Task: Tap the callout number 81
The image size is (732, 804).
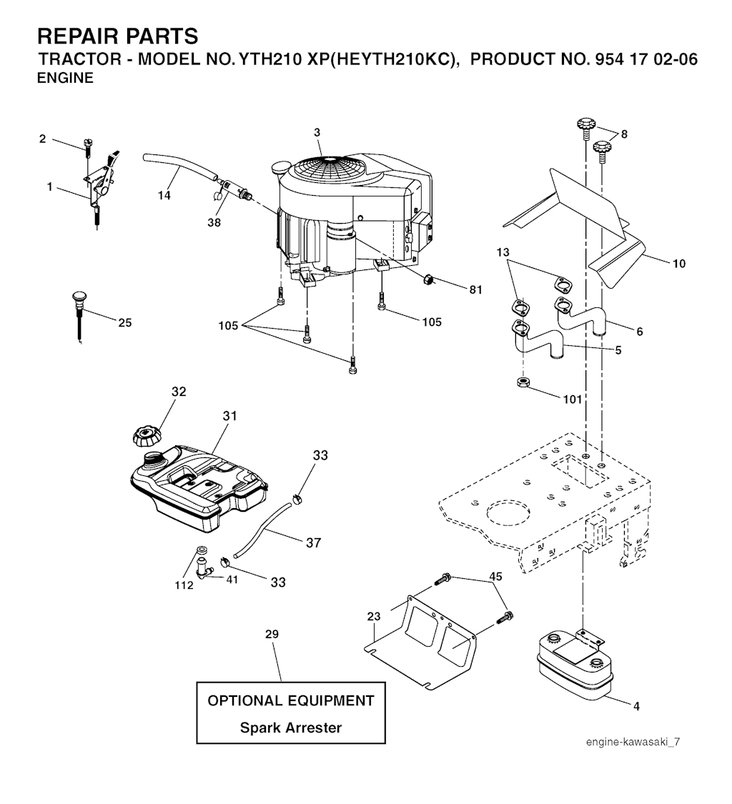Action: point(476,289)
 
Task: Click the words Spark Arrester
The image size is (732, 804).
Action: point(290,728)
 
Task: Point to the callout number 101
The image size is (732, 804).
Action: point(573,399)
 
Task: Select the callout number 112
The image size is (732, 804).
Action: point(184,585)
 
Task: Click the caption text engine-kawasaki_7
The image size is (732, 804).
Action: point(633,742)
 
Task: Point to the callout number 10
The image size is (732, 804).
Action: point(678,264)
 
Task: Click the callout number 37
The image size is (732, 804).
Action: point(313,543)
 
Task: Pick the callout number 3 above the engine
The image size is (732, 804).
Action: point(317,132)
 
